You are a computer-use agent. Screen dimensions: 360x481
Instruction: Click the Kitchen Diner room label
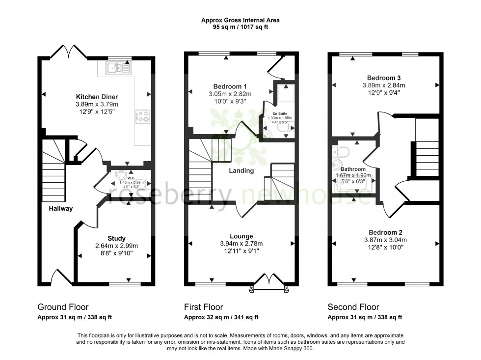96,96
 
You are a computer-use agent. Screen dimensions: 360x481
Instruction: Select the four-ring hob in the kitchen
143,116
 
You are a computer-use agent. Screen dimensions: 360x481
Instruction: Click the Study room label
116,239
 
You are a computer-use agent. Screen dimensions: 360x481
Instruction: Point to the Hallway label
60,209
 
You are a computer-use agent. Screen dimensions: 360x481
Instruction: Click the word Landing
241,171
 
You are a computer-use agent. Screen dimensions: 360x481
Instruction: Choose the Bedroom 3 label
380,78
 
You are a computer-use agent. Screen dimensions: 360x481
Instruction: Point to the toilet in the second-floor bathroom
341,150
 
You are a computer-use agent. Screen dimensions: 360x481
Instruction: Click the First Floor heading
203,307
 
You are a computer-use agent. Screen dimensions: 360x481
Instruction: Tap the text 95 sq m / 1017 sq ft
240,27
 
